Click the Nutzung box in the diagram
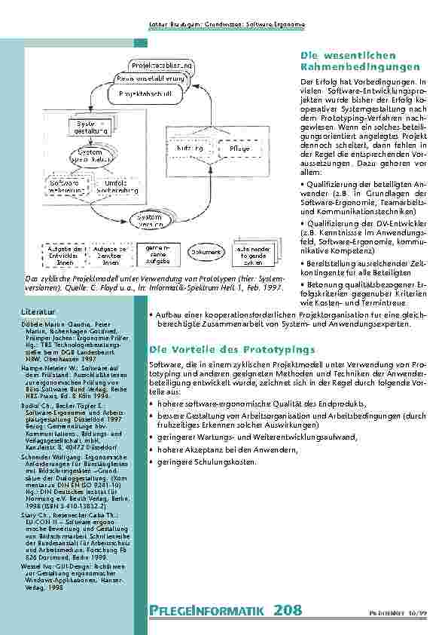190,149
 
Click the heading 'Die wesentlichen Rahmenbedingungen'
359,62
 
